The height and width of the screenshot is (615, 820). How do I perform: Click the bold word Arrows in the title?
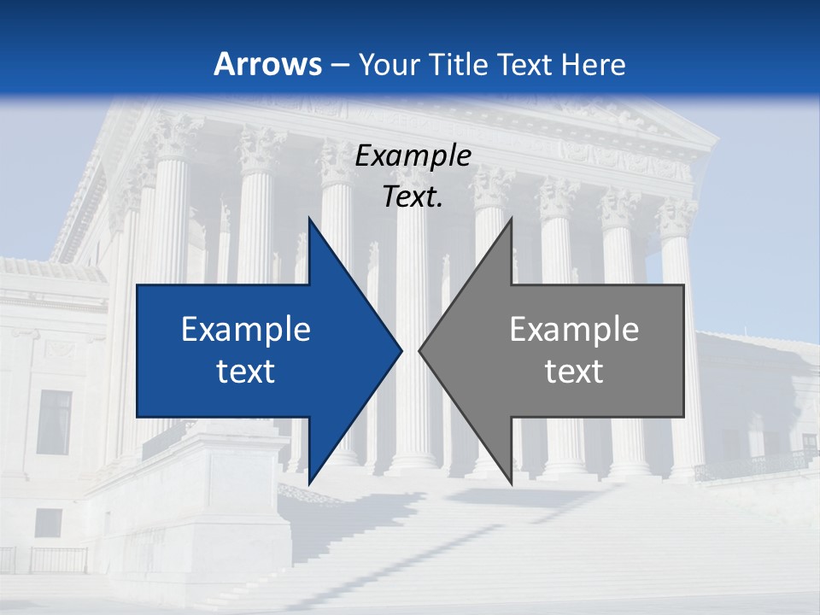click(267, 64)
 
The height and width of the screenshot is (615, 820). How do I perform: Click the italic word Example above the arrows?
click(413, 156)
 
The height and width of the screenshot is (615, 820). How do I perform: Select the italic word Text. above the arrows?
click(413, 197)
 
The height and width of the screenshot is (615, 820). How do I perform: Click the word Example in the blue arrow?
click(246, 330)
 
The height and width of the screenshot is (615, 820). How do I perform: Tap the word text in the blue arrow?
click(246, 372)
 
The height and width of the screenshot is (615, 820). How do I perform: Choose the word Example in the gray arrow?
click(574, 330)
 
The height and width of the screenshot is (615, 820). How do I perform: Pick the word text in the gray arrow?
click(574, 372)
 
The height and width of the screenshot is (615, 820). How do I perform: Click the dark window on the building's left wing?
click(54, 422)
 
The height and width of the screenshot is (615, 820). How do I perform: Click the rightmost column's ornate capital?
click(675, 219)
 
